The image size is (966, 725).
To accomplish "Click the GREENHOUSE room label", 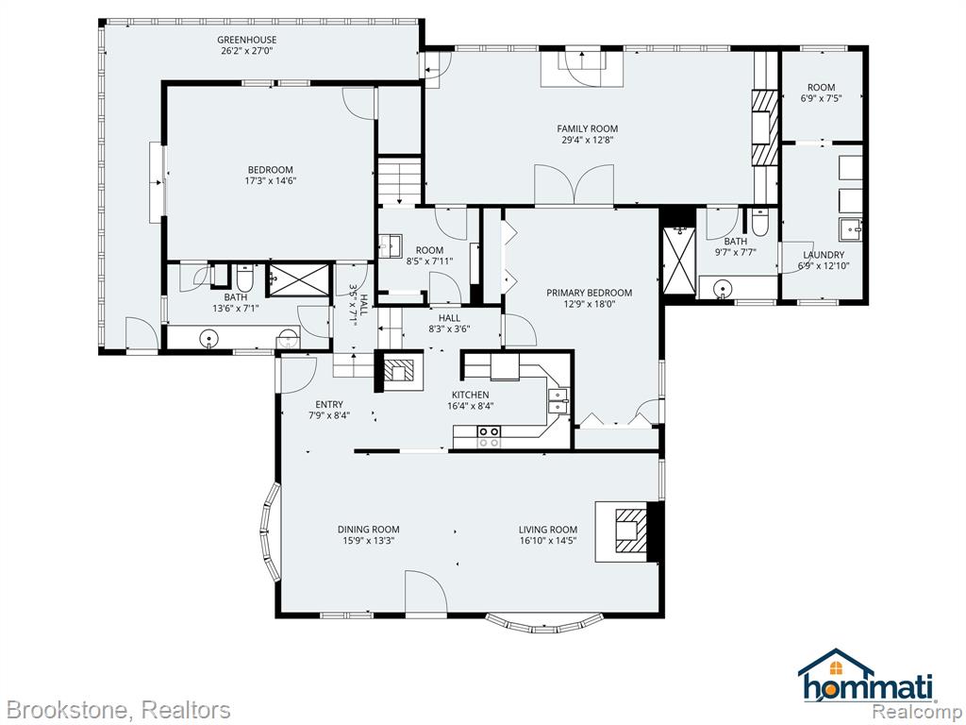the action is [x=246, y=40].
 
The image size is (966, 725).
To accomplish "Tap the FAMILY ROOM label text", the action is [x=587, y=128].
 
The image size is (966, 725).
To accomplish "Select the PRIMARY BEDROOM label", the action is [x=589, y=293].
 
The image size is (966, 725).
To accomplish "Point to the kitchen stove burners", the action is [x=490, y=436].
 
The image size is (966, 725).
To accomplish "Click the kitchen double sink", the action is [x=558, y=400].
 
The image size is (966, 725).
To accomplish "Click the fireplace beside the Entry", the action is [x=399, y=371].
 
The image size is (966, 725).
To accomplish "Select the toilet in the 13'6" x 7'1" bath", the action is [x=244, y=278].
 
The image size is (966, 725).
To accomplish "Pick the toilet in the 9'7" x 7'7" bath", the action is [x=759, y=222].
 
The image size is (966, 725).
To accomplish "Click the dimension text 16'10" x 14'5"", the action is [x=548, y=541].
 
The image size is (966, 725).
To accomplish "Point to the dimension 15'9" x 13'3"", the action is [x=369, y=541].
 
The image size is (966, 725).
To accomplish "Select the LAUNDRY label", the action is [x=824, y=255].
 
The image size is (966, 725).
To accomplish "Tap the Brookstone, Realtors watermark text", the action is [x=117, y=710].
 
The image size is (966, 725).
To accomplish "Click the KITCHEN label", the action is [x=470, y=396].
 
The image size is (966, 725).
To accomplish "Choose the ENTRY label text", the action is [x=329, y=405].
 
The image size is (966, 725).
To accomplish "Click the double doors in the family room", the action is [x=575, y=184].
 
